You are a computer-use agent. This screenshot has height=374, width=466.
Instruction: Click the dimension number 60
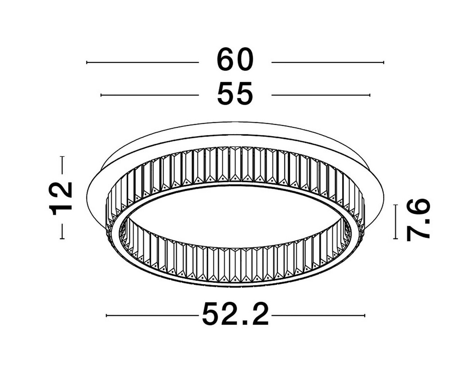click(235, 60)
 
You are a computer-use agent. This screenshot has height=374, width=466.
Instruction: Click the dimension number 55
click(235, 94)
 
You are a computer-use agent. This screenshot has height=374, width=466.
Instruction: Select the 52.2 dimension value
click(236, 315)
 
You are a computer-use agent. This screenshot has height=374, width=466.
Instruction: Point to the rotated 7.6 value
click(418, 221)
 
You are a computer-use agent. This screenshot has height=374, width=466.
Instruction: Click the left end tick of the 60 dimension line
click(87, 62)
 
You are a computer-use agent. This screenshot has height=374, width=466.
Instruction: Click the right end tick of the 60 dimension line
click(383, 62)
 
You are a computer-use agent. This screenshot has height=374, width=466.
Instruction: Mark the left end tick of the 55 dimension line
click(101, 95)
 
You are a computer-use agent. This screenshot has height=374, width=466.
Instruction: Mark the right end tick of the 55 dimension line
click(370, 95)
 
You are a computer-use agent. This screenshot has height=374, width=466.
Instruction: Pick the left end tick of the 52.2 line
click(106, 315)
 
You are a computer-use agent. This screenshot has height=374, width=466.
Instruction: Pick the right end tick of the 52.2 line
click(364, 315)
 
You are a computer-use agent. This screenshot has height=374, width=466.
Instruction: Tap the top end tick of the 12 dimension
click(62, 157)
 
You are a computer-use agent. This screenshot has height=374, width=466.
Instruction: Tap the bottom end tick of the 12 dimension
click(62, 239)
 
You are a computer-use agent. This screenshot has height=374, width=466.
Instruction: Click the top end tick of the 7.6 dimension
click(395, 205)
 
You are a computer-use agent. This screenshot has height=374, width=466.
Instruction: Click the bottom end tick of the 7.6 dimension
click(395, 239)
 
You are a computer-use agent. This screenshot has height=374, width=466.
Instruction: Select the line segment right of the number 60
click(328, 62)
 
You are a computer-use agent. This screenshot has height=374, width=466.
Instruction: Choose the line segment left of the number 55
click(149, 95)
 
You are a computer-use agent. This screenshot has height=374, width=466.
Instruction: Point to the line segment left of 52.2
click(153, 315)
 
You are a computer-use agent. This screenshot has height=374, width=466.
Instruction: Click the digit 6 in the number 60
click(226, 60)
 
